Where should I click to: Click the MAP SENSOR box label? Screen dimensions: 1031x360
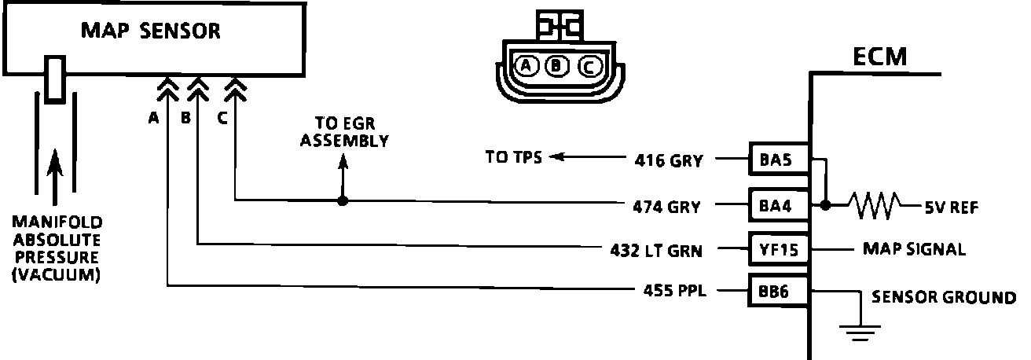coord(151,31)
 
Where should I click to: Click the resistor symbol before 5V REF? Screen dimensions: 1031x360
coord(871,206)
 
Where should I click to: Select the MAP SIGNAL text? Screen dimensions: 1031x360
coord(913,250)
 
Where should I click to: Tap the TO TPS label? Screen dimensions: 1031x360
coord(513,157)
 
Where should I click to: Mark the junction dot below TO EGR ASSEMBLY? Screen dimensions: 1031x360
coord(342,200)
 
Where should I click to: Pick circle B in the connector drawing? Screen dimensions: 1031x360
coord(557,66)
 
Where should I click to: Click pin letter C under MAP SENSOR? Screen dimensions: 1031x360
coord(222,119)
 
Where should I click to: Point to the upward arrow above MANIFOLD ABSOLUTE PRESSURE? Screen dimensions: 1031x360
coord(54,168)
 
